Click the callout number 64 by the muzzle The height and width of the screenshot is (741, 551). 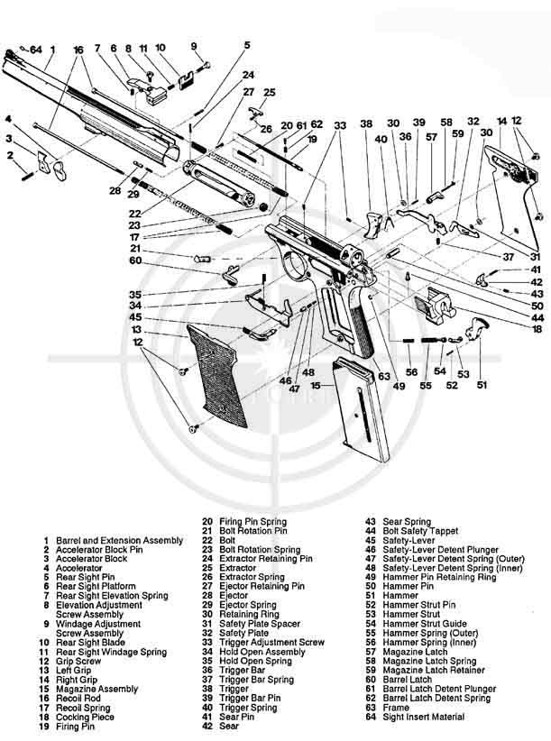[36, 49]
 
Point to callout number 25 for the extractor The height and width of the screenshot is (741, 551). [269, 92]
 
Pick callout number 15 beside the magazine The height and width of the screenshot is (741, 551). [316, 386]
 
